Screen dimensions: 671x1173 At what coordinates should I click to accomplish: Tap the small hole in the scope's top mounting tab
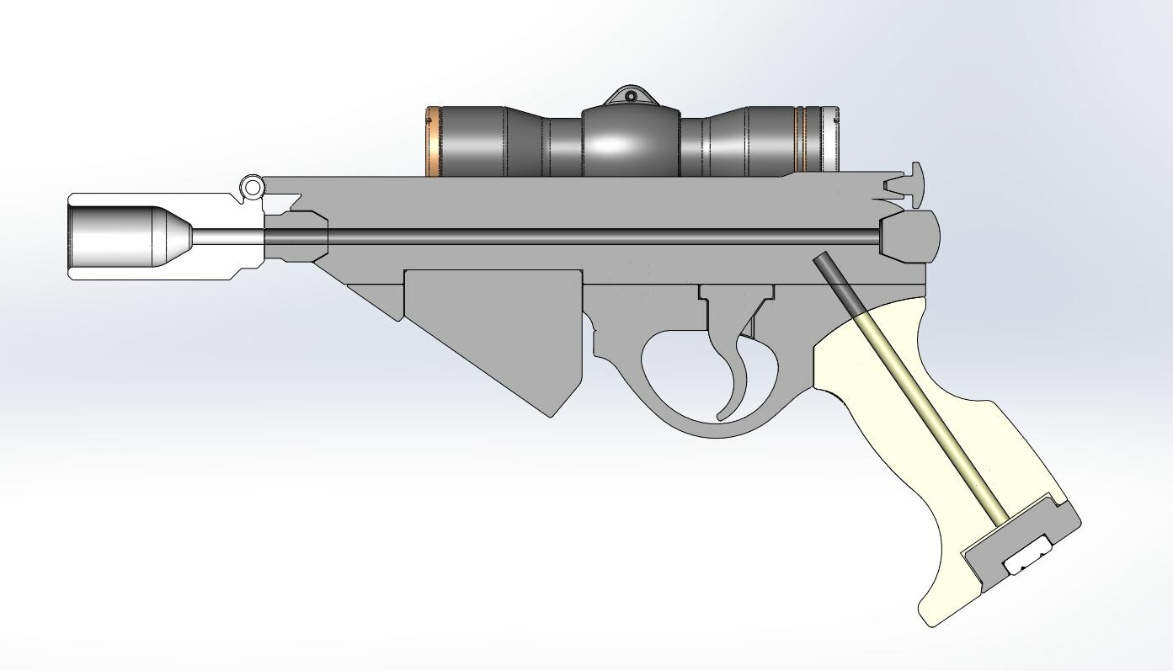[631, 97]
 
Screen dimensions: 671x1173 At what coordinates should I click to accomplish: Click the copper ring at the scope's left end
[433, 141]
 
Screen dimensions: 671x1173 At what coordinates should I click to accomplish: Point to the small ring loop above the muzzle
[250, 186]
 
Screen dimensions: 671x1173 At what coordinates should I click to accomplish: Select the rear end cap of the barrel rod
[909, 236]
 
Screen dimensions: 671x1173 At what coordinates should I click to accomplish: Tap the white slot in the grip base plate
[1029, 557]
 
